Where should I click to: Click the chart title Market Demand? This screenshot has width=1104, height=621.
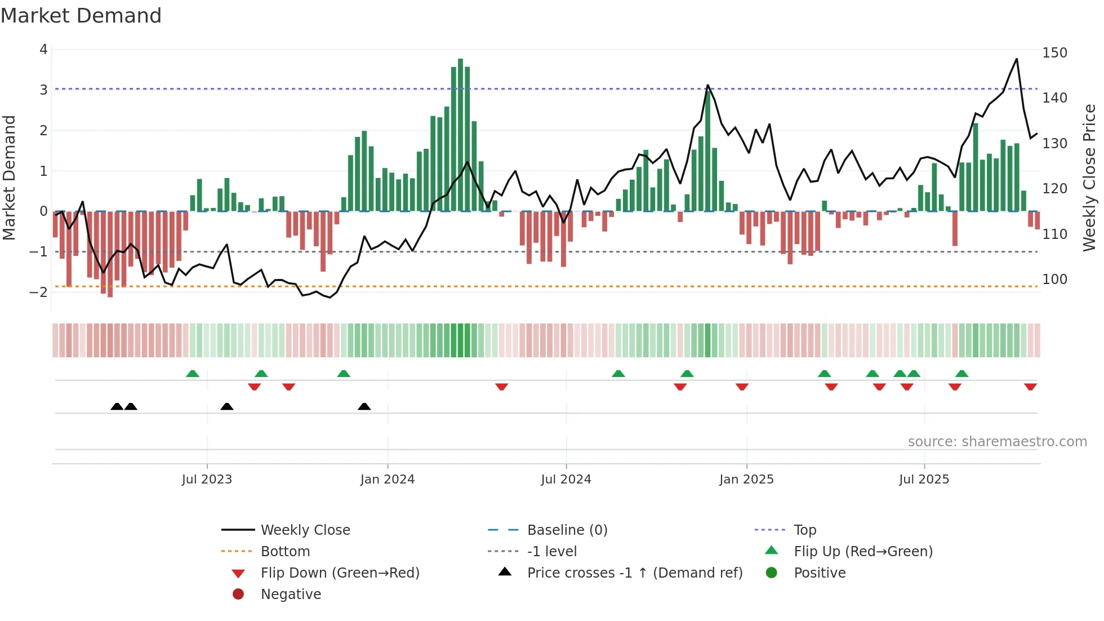pyautogui.click(x=81, y=16)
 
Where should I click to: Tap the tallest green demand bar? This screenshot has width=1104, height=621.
pyautogui.click(x=460, y=135)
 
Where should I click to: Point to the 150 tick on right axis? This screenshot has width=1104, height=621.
pyautogui.click(x=1054, y=53)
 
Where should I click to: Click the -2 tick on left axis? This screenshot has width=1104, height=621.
pyautogui.click(x=39, y=292)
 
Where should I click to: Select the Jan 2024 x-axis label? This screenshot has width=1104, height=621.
pyautogui.click(x=388, y=480)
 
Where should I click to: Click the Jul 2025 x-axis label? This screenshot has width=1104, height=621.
pyautogui.click(x=924, y=480)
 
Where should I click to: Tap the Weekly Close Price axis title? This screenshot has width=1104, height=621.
pyautogui.click(x=1089, y=178)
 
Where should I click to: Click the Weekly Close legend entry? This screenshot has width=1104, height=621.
pyautogui.click(x=305, y=530)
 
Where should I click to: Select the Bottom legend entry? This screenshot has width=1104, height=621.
pyautogui.click(x=285, y=552)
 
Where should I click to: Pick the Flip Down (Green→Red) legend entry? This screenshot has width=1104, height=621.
pyautogui.click(x=340, y=573)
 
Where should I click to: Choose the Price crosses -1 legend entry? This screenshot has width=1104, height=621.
pyautogui.click(x=634, y=573)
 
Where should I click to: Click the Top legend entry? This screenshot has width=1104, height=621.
pyautogui.click(x=805, y=530)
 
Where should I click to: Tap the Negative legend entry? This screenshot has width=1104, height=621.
pyautogui.click(x=291, y=595)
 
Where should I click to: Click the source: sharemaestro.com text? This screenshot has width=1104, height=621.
pyautogui.click(x=997, y=442)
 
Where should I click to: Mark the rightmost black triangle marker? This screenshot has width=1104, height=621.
pyautogui.click(x=364, y=406)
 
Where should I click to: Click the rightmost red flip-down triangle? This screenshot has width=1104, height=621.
pyautogui.click(x=1030, y=387)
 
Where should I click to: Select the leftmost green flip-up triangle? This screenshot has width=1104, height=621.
pyautogui.click(x=193, y=374)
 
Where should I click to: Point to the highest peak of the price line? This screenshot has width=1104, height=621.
pyautogui.click(x=1017, y=59)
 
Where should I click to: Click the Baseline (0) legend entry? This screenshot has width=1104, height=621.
pyautogui.click(x=567, y=530)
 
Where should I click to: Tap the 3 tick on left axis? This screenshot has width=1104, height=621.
pyautogui.click(x=43, y=90)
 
